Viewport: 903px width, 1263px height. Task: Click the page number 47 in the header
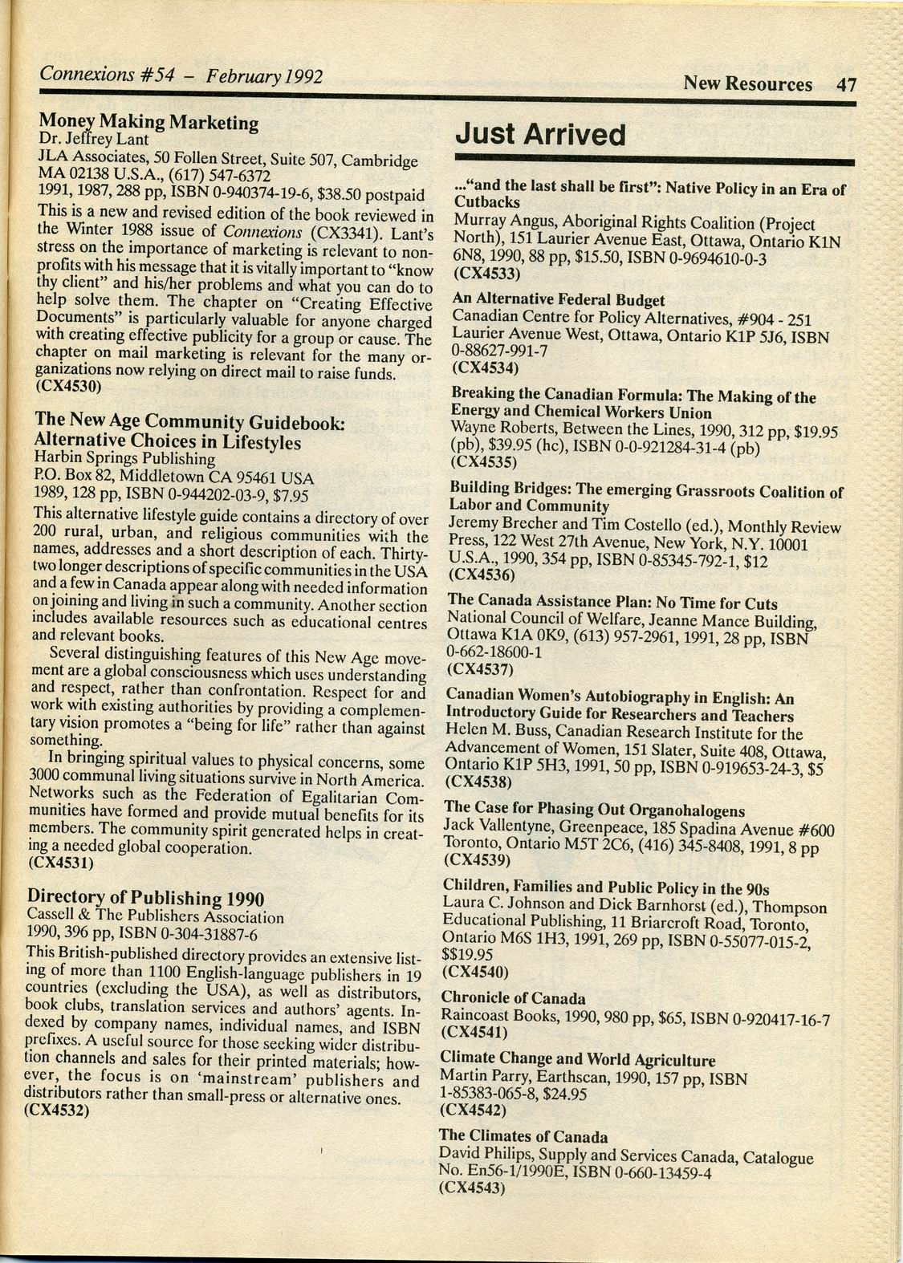(846, 85)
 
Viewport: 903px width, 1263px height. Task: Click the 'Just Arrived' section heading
(539, 135)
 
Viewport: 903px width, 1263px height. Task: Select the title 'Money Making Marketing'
(148, 122)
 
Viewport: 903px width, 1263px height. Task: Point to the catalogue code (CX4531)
(61, 863)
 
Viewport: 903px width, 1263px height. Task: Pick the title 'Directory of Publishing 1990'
(146, 897)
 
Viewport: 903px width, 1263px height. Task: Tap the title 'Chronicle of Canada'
(513, 999)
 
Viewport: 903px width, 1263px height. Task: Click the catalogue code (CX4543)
(473, 1189)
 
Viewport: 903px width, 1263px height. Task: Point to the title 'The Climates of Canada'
(523, 1136)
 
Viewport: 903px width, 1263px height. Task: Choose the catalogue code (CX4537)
(479, 668)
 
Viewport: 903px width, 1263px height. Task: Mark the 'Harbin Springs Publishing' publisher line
(124, 460)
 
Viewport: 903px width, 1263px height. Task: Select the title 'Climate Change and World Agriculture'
(577, 1061)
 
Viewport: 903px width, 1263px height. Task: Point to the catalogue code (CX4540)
(475, 973)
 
